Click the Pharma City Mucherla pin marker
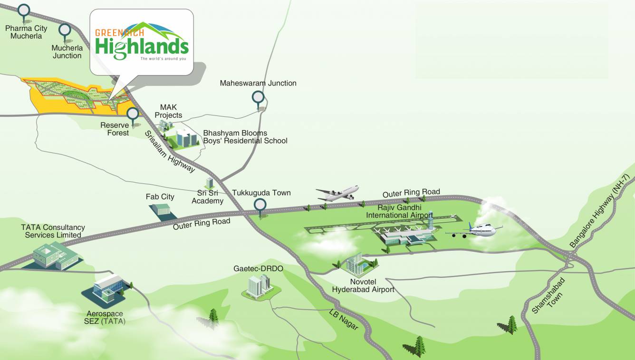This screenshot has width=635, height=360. click(23, 10)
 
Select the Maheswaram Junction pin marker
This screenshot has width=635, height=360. click(258, 98)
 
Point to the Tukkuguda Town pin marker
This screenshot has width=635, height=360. click(260, 205)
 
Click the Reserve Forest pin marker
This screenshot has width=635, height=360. click(133, 114)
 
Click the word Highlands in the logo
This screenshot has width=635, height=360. click(141, 48)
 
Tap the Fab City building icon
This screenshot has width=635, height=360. click(162, 210)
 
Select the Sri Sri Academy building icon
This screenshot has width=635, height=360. click(209, 182)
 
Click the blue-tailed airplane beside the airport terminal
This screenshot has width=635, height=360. click(474, 231)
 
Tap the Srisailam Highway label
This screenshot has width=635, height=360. click(170, 151)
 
